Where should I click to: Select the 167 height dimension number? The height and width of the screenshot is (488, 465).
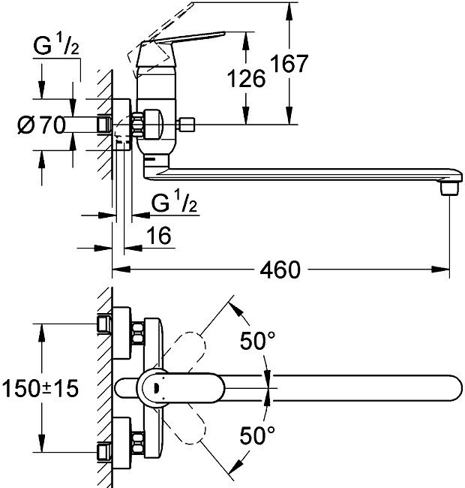pos(290,64)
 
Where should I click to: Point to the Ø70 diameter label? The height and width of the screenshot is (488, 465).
pos(40,125)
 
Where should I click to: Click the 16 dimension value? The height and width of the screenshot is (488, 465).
pos(158,236)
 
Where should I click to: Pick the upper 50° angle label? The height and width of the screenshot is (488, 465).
pos(257,342)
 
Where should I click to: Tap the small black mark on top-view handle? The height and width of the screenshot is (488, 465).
pos(154,388)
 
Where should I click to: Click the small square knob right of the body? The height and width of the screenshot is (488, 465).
pos(187,123)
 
